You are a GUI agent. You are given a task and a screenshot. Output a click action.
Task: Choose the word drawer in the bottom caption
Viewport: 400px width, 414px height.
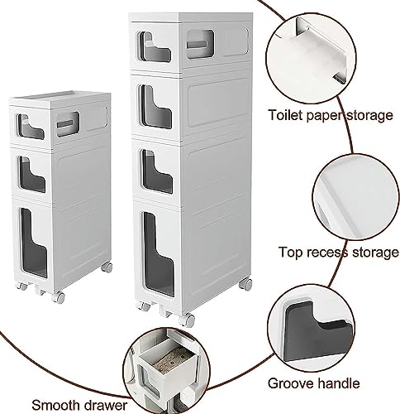106,405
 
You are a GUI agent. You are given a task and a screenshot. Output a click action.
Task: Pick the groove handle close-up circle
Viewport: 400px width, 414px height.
312,330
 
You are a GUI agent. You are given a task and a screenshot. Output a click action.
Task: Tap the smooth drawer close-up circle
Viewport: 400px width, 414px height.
165,371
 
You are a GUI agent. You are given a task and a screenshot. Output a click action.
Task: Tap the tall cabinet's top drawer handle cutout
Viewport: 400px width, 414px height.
155,47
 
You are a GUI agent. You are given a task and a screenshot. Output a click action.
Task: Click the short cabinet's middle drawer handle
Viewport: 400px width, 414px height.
32,174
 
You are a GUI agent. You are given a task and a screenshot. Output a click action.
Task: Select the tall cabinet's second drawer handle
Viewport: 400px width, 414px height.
156,107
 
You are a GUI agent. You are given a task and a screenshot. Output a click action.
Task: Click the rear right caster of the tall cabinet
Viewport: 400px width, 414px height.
245,284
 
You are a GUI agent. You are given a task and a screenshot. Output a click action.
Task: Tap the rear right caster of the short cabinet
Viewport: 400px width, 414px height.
107,267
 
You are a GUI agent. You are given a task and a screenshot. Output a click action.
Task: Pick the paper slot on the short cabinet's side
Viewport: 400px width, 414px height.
68,124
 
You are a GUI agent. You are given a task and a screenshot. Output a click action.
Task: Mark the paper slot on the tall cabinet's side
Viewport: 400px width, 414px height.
200,44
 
